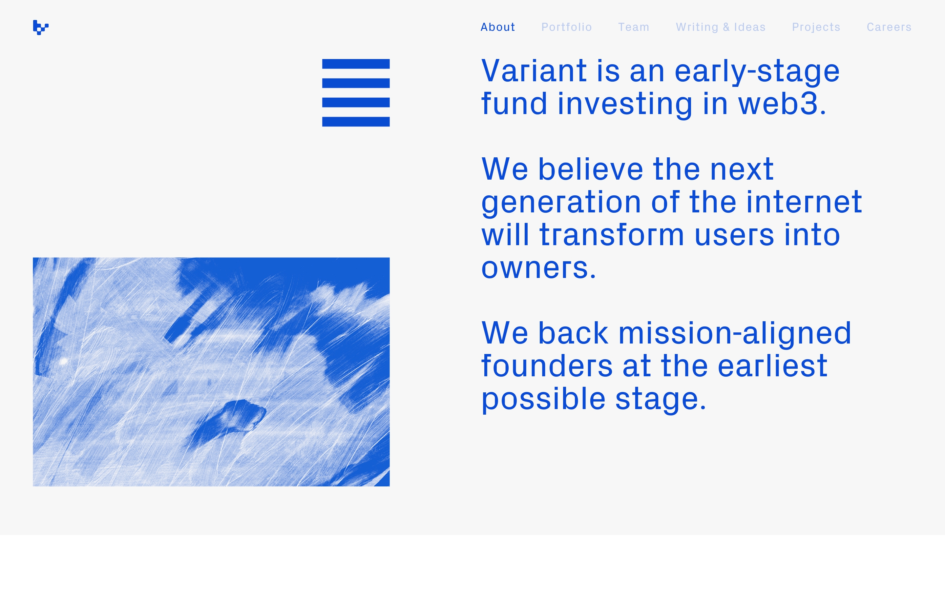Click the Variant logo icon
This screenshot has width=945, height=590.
click(41, 27)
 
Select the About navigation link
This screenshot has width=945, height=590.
click(497, 27)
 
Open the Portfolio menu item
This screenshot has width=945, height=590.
click(566, 27)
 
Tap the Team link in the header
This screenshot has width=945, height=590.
click(633, 27)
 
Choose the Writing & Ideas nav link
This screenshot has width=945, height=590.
click(721, 27)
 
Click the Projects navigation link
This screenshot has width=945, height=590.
click(816, 27)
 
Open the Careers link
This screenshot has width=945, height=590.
click(889, 27)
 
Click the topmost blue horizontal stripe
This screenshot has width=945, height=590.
click(356, 64)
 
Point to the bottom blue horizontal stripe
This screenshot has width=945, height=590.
click(356, 122)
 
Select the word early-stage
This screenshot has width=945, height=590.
click(757, 72)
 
